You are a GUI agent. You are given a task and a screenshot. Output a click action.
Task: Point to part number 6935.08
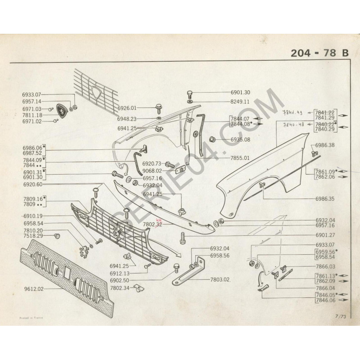click(x=240, y=139)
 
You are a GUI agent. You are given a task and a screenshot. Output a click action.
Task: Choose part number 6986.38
click(x=325, y=145)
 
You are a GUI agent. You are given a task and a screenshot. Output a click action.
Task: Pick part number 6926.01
click(x=127, y=108)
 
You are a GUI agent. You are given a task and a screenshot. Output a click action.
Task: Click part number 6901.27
click(x=325, y=234)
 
